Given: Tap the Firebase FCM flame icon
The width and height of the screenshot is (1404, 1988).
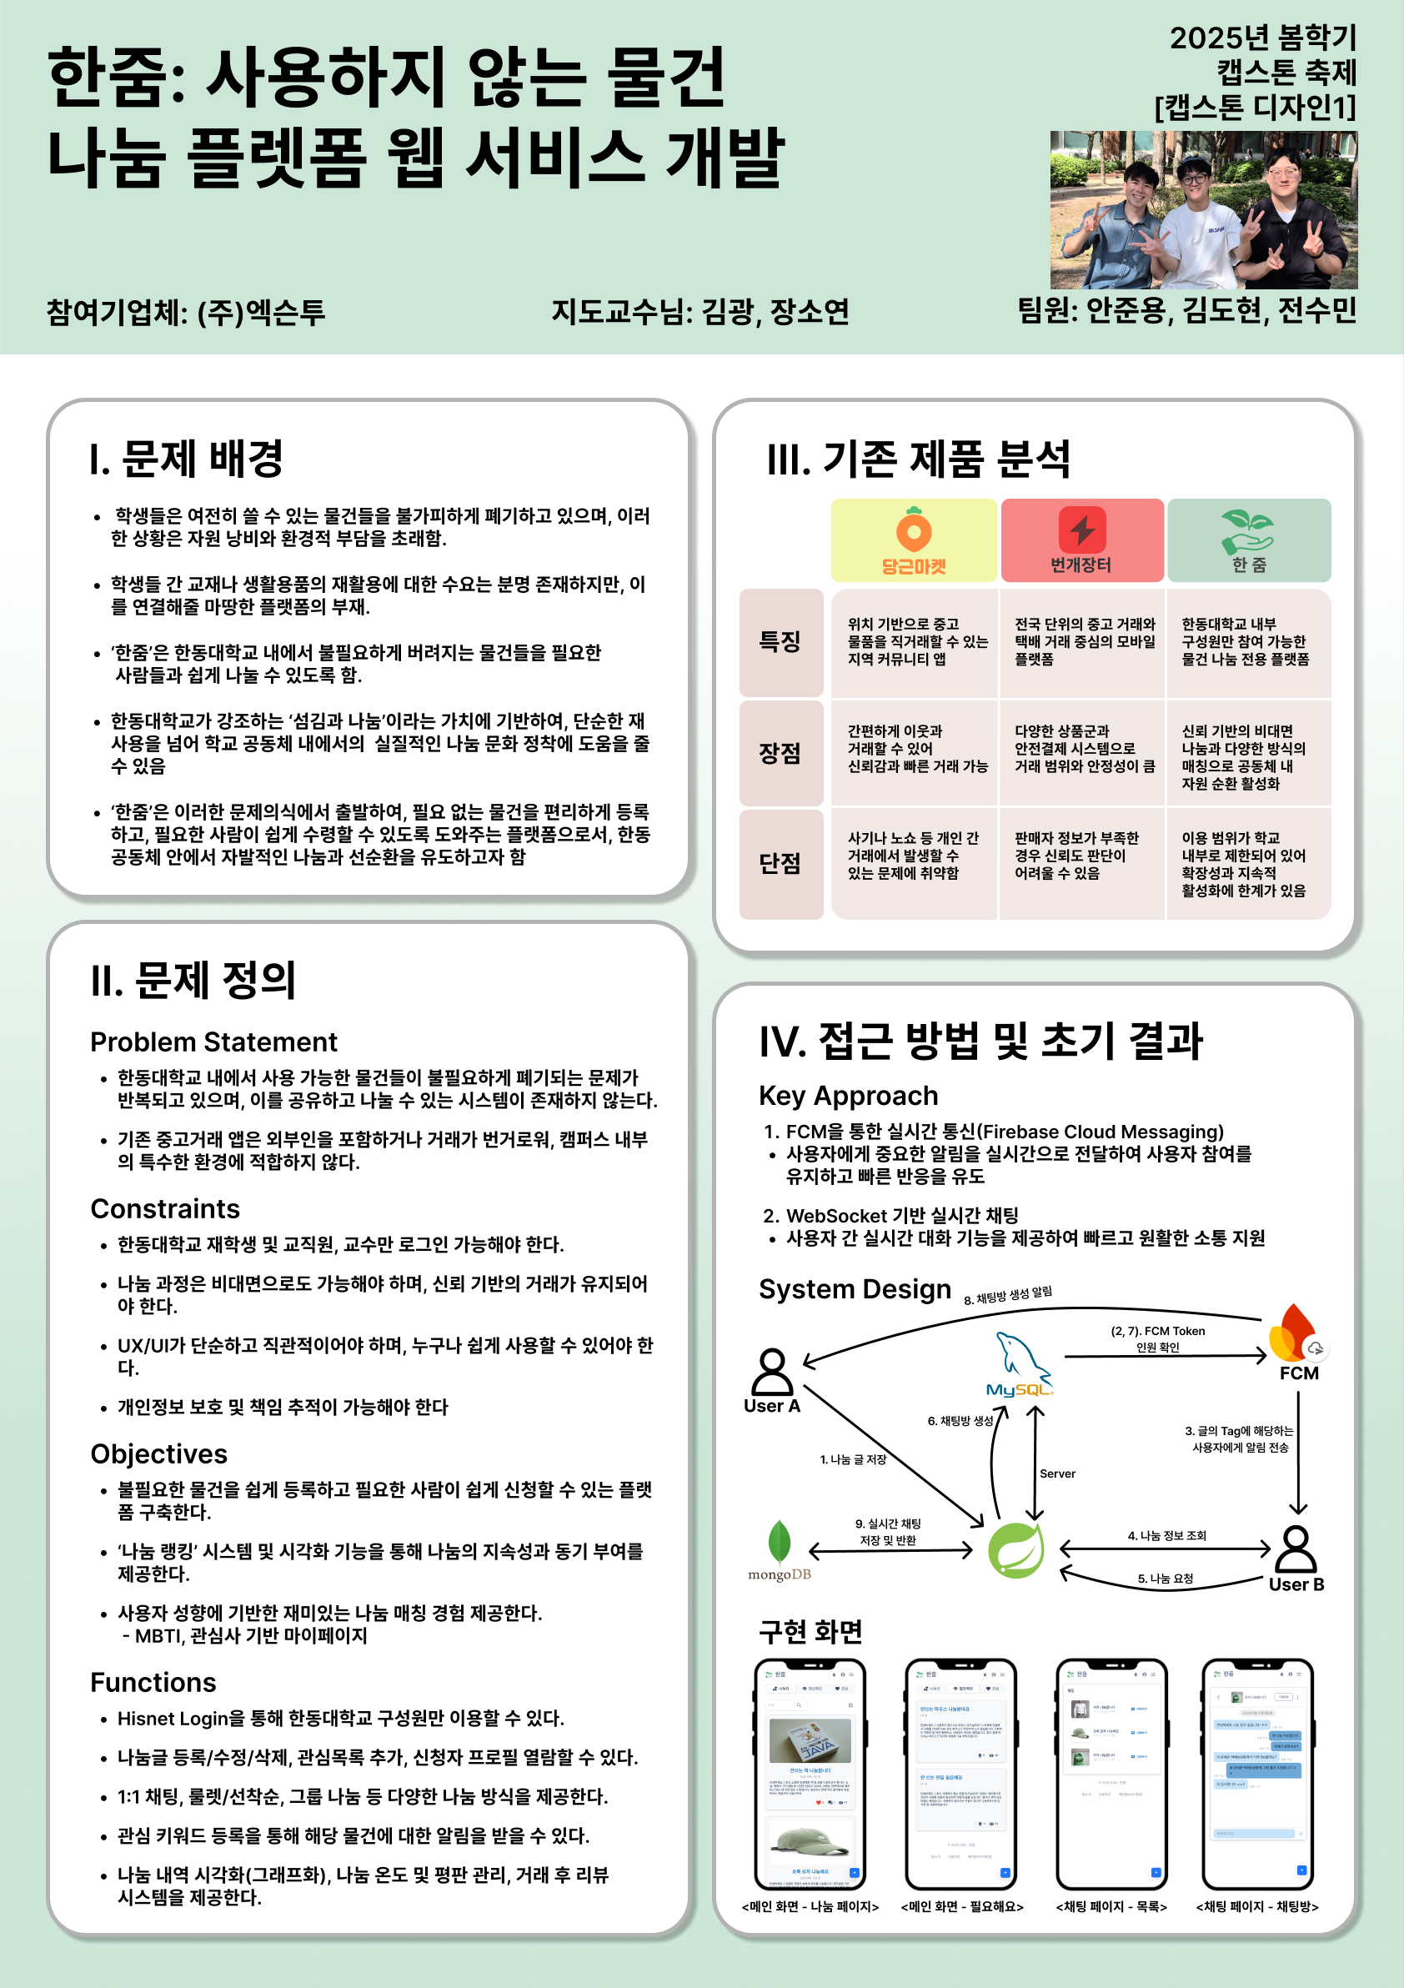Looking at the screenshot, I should [x=1294, y=1334].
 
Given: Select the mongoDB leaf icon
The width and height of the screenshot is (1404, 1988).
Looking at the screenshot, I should [x=779, y=1542].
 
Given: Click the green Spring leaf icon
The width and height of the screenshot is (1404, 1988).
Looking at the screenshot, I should [x=1016, y=1550].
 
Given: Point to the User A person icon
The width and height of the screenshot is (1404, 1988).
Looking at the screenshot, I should [x=772, y=1372].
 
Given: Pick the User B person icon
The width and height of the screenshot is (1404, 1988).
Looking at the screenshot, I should [x=1296, y=1549].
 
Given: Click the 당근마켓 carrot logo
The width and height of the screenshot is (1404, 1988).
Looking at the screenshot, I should [x=913, y=530].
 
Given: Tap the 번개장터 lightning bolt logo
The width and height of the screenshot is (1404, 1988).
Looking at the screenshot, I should [x=1082, y=529].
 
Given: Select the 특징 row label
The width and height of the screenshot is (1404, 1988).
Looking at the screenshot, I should [x=780, y=641].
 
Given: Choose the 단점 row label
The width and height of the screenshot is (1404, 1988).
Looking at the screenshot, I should [x=780, y=863].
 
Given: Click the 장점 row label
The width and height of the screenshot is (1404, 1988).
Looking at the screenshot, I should [x=780, y=753].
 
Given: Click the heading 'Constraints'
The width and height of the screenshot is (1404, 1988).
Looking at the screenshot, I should [x=165, y=1209].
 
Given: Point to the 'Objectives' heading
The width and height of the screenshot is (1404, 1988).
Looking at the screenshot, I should [x=159, y=1453].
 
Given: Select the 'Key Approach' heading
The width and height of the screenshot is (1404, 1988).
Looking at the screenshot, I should [x=848, y=1095].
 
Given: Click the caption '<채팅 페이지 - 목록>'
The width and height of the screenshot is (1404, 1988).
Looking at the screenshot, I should [x=1111, y=1906].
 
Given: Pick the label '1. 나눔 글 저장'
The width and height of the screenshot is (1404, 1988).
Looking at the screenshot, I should [x=853, y=1460].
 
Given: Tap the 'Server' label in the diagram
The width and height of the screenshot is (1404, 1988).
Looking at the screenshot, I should [x=1058, y=1473].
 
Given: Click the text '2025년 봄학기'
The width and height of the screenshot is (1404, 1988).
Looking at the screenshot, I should [x=1263, y=38].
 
